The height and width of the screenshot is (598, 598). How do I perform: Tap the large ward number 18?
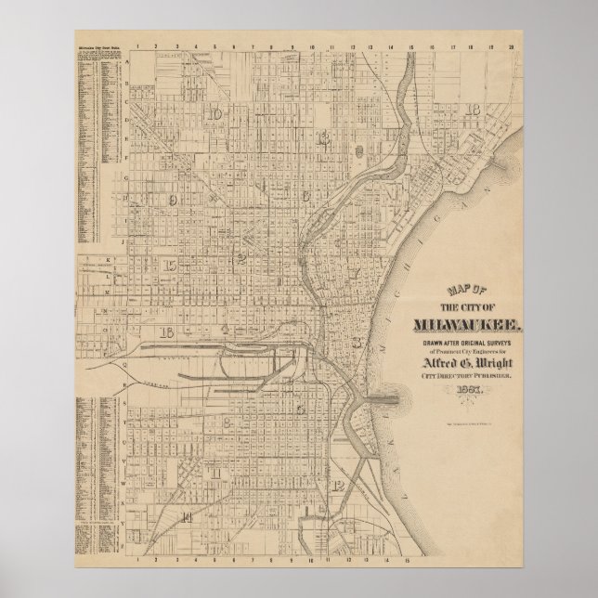pos(474,110)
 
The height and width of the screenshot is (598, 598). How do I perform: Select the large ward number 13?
pos(323,138)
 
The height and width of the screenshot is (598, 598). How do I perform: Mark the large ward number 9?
pos(172,199)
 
